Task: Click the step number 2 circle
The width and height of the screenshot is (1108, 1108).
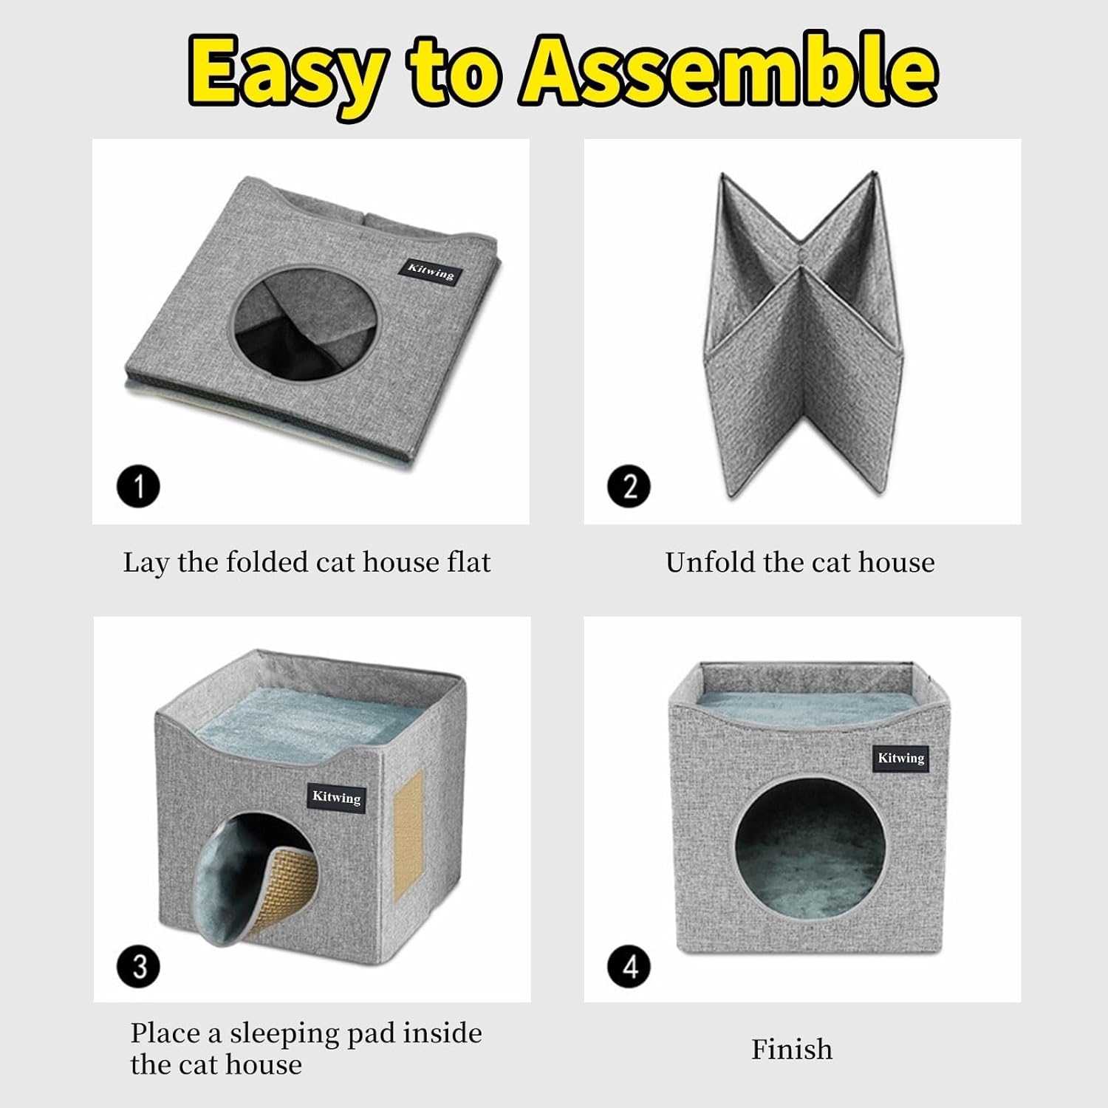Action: click(x=629, y=488)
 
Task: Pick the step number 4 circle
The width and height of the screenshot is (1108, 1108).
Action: click(x=629, y=966)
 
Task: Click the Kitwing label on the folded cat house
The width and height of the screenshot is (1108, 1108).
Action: click(x=431, y=270)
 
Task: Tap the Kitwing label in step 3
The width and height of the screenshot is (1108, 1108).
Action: click(x=337, y=797)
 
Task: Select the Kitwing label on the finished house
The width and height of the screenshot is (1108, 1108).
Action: click(x=901, y=758)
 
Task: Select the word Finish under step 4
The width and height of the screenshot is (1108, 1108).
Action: click(x=792, y=1049)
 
